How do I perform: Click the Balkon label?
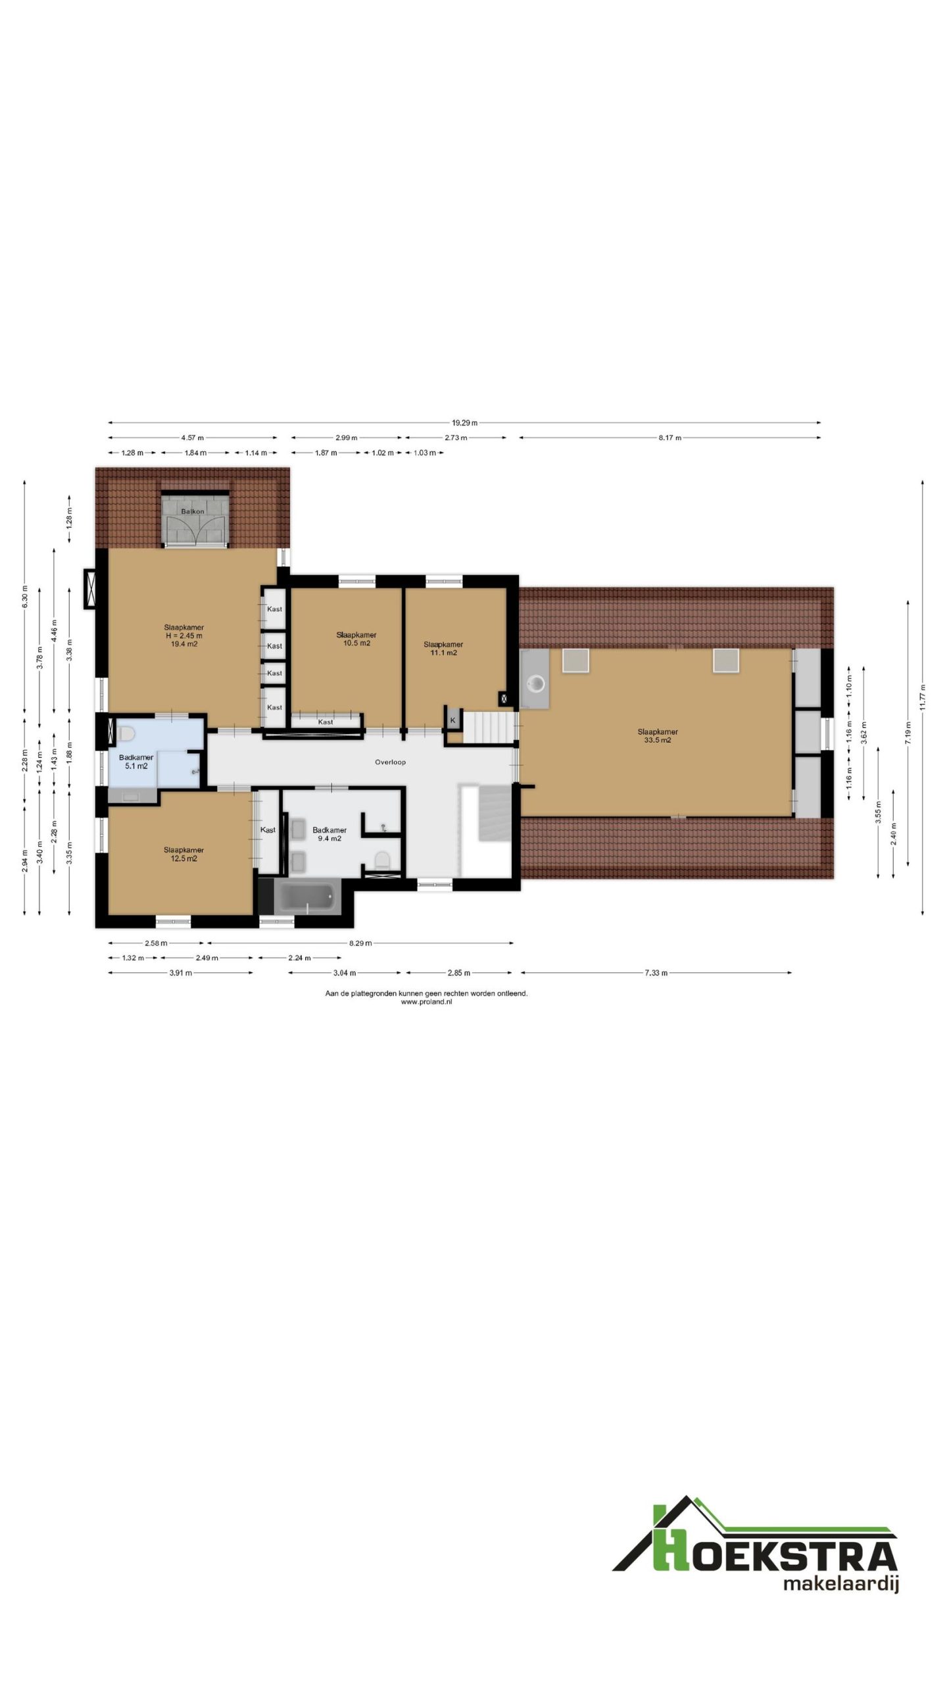click(193, 511)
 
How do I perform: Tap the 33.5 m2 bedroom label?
click(657, 736)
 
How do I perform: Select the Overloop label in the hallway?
click(390, 762)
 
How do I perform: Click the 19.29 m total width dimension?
click(464, 423)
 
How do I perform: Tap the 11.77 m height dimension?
click(923, 697)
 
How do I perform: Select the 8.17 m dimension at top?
click(669, 437)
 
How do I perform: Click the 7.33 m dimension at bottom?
click(656, 973)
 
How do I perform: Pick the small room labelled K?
click(452, 720)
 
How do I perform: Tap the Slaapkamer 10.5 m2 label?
click(356, 639)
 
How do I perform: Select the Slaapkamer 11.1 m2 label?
click(443, 649)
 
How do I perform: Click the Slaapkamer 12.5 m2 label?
click(183, 854)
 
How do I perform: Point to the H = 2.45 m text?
click(183, 635)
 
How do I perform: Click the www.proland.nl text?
click(426, 1002)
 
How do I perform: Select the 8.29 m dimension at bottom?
click(360, 943)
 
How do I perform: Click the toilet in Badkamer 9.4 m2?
click(381, 858)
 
